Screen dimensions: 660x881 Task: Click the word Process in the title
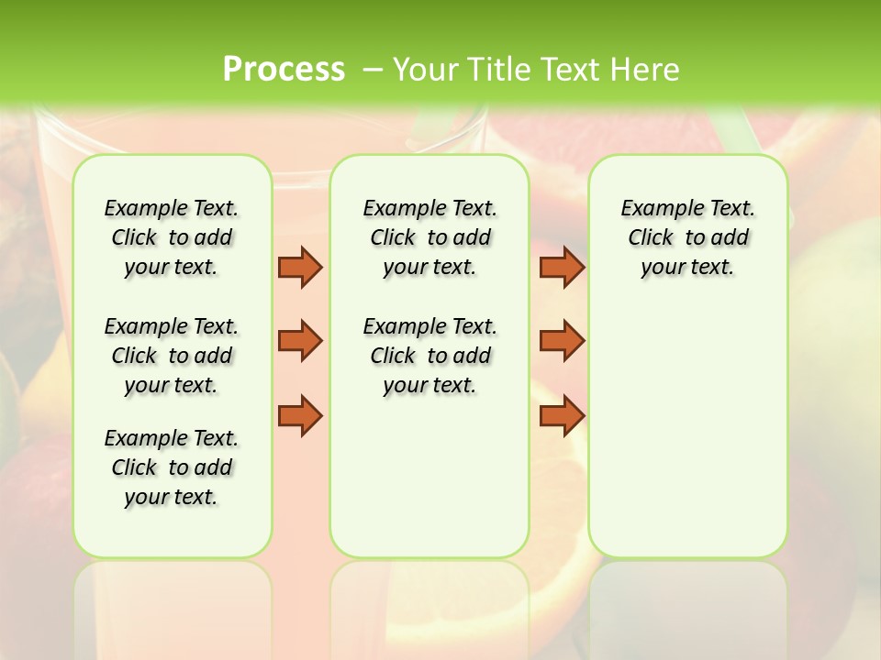tap(284, 69)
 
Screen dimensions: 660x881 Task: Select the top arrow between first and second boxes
tap(300, 267)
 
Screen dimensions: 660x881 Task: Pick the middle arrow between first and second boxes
tap(300, 341)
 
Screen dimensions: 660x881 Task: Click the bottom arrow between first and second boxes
tap(300, 415)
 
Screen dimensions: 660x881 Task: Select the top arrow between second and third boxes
tap(562, 267)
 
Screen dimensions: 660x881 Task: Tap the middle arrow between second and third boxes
tap(562, 341)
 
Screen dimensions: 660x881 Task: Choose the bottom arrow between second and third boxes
tap(562, 415)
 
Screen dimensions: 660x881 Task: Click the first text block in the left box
tap(172, 237)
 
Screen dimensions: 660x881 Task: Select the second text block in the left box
tap(172, 356)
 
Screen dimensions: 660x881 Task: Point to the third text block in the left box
tap(172, 467)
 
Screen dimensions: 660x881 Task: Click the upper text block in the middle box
tap(429, 237)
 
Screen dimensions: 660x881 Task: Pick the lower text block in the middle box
tap(429, 356)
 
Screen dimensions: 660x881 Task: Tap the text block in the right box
tap(687, 237)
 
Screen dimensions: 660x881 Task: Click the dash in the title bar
tap(372, 70)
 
